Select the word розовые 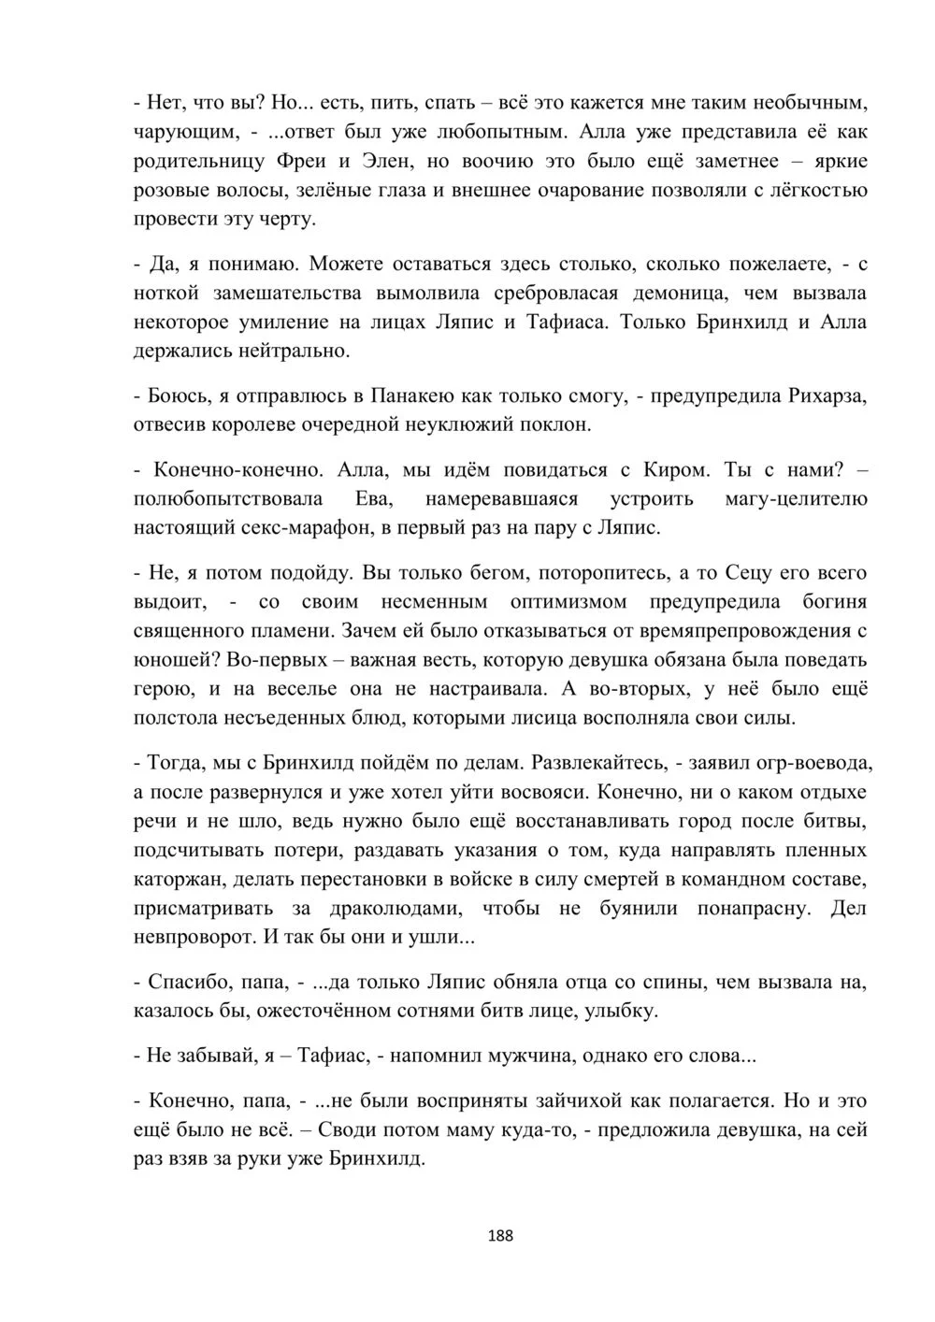click(x=178, y=191)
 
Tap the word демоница click(x=681, y=294)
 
